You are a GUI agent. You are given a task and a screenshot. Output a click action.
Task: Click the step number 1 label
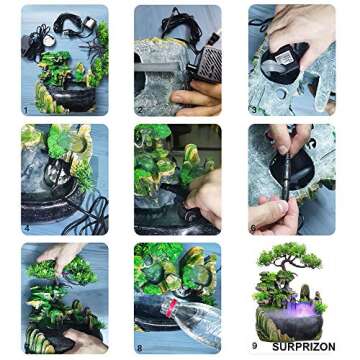click(26, 110)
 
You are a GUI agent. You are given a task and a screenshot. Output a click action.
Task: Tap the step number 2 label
click(140, 110)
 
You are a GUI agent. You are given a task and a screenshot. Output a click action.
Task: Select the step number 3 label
click(254, 110)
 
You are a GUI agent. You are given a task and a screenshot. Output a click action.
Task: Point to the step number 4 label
click(27, 228)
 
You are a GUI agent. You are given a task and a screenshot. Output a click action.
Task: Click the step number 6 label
click(254, 228)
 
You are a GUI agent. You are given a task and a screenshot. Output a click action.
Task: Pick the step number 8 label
click(140, 348)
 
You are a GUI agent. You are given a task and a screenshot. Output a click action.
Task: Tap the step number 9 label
click(255, 346)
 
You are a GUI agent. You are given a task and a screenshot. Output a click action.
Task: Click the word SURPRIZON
click(304, 347)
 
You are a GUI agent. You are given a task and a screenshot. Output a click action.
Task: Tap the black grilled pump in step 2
click(206, 64)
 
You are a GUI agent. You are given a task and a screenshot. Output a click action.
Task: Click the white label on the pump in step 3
click(285, 57)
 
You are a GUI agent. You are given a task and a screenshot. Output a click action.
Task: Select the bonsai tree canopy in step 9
click(289, 256)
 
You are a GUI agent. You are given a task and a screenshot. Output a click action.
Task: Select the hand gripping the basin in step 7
click(86, 340)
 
